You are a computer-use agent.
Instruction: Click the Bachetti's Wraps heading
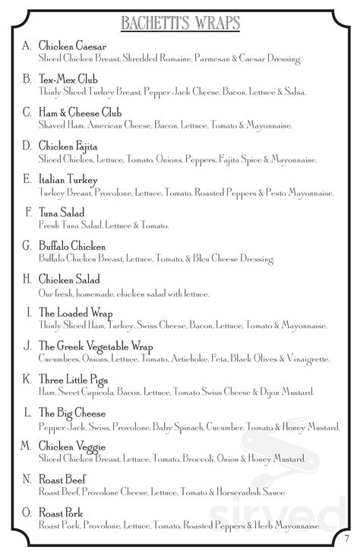180,22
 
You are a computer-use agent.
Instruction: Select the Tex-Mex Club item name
70,80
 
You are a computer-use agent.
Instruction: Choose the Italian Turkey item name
67,180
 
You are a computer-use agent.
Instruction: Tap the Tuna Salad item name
62,213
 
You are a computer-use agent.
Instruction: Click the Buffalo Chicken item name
72,247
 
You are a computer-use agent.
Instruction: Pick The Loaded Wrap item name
75,313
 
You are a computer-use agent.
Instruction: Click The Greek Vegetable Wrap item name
96,346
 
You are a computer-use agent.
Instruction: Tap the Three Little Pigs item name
73,380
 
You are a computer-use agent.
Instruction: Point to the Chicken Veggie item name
72,446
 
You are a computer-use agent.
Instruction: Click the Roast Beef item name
62,479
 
